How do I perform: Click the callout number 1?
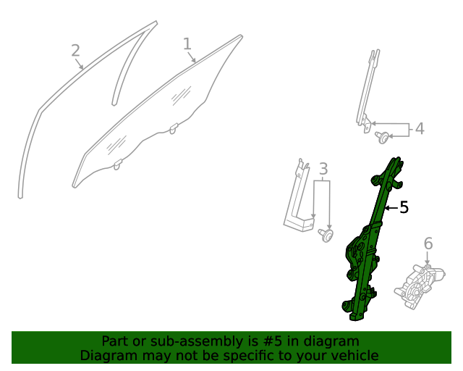point(187,43)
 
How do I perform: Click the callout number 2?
point(75,51)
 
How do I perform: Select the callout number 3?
point(323,169)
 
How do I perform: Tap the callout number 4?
point(420,129)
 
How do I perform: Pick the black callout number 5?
point(404,207)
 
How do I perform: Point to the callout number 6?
point(428,243)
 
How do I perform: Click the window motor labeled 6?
point(420,286)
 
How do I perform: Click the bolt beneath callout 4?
point(382,138)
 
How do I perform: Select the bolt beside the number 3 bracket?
point(326,235)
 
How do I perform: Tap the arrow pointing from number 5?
point(391,208)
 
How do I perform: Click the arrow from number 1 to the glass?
point(191,57)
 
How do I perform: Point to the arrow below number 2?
point(79,64)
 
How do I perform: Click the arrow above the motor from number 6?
point(428,258)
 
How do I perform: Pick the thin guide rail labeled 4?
point(367,92)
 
